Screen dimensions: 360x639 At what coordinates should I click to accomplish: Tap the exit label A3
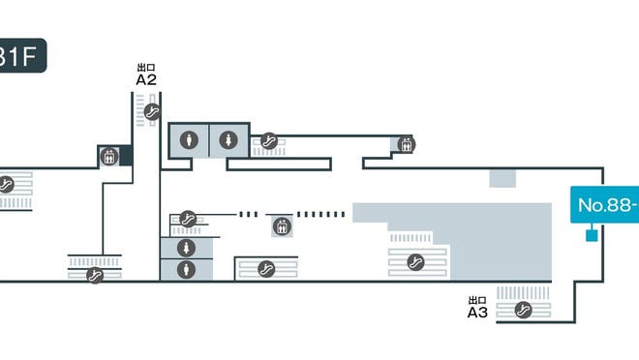coord(476,312)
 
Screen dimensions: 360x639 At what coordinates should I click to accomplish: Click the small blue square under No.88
coord(591,235)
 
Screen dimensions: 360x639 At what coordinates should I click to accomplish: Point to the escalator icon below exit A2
coord(151,112)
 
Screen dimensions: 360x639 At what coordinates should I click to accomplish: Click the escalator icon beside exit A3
coord(524,310)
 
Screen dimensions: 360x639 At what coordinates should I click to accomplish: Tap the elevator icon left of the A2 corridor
coord(109,155)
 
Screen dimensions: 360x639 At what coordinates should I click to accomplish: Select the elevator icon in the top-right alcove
coord(407,145)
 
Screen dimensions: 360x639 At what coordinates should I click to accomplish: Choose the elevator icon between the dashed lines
coord(282,226)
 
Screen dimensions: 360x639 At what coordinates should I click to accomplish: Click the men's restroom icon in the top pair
coord(190,139)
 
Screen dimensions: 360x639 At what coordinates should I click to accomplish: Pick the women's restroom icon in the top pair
coord(228,139)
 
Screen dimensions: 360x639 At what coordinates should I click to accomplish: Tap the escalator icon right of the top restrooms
coord(270,141)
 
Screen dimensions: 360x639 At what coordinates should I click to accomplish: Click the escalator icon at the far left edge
coord(6,184)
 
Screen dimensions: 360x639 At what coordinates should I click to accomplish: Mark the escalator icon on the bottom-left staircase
coord(95,276)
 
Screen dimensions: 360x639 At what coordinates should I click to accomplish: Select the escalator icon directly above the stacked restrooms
coord(189,219)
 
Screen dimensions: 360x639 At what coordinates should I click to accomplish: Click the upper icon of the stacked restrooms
coord(185,249)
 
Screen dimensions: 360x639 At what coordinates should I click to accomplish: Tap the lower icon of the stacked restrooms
coord(185,269)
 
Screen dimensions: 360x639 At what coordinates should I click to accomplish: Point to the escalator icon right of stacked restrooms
coord(267,268)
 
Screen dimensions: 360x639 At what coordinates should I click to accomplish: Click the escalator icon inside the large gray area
coord(417,260)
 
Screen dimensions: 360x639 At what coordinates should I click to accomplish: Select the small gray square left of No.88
coord(502,178)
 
